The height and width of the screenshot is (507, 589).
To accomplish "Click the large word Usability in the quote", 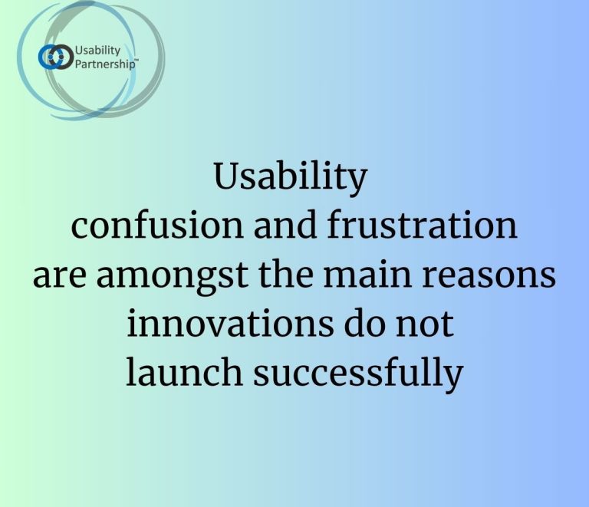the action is click(291, 177).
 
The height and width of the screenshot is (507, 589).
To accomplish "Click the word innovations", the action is click(230, 323).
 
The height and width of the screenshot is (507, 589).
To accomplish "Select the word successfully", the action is click(358, 375).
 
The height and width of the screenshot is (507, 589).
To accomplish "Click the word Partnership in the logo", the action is click(104, 64).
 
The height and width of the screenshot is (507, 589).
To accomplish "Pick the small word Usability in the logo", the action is click(97, 51).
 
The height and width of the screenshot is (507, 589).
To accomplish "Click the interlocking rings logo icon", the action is click(55, 57).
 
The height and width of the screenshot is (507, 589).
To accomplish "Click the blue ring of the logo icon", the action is click(50, 57).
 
